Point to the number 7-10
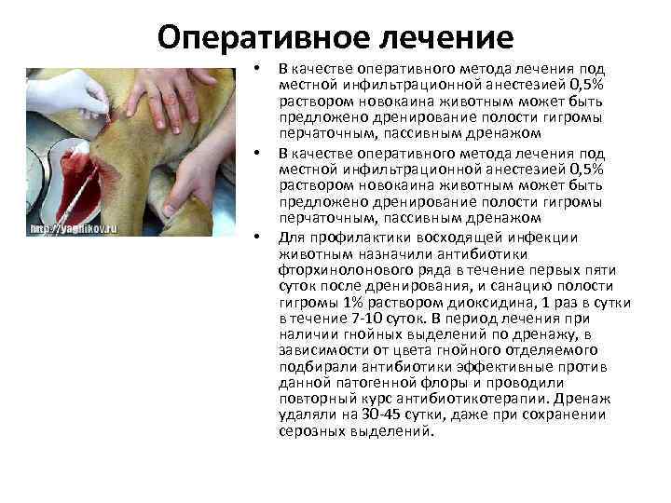click(359, 319)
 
